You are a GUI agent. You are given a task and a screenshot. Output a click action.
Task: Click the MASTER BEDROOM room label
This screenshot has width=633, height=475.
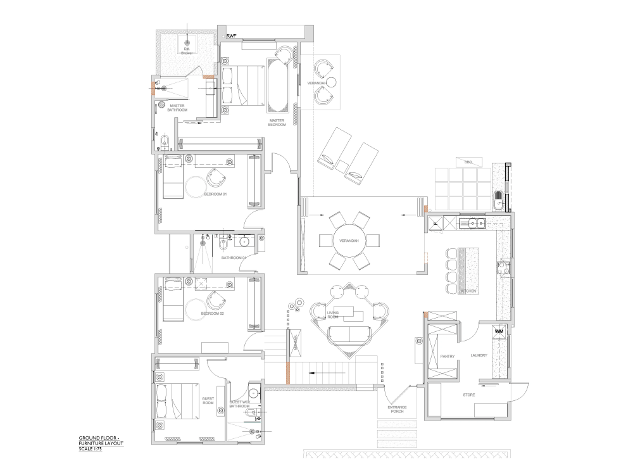(x=277, y=122)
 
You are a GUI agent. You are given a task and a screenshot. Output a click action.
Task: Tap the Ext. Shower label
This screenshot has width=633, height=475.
(x=187, y=51)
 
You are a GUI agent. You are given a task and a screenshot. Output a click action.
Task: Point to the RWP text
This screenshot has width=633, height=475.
(x=232, y=36)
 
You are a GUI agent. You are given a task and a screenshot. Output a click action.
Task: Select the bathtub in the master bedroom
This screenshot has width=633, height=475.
(x=278, y=85)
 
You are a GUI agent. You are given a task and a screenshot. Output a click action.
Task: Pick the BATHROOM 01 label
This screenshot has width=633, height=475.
(x=233, y=258)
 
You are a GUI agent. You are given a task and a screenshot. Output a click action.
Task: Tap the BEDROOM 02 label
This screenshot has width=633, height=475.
(x=213, y=313)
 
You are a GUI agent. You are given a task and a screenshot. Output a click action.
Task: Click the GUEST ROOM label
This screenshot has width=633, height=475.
(x=208, y=400)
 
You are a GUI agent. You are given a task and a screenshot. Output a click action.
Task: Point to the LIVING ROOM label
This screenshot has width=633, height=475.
(x=333, y=315)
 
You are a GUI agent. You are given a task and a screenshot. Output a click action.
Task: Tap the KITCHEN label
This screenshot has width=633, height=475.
(x=468, y=291)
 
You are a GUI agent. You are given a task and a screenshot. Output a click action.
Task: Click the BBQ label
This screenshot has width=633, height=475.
(x=468, y=162)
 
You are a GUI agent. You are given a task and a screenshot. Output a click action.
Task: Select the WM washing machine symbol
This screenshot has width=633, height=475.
(x=498, y=331)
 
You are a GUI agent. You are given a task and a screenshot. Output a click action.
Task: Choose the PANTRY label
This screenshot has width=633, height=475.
(x=448, y=356)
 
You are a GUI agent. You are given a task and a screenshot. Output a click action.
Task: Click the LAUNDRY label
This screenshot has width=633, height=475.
(x=479, y=355)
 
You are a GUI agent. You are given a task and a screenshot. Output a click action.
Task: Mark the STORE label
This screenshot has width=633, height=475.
(x=469, y=395)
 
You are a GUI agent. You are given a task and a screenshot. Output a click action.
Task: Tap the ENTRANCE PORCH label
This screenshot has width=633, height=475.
(x=398, y=408)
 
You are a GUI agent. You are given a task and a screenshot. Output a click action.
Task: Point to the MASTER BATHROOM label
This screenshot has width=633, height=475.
(x=177, y=108)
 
